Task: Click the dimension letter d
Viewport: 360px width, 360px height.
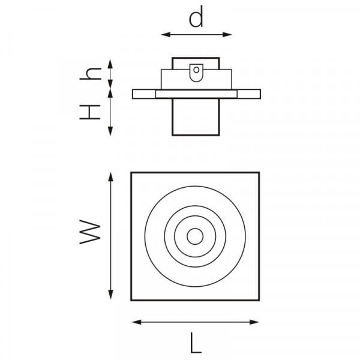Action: (196, 17)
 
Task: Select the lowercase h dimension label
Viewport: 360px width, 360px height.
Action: (91, 73)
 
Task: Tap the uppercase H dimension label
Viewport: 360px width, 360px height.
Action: (90, 112)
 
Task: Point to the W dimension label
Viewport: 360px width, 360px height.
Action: (90, 232)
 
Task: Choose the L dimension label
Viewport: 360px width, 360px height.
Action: (196, 343)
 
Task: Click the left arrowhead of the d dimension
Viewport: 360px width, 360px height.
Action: (166, 35)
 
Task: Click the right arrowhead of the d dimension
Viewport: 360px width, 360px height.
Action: (227, 35)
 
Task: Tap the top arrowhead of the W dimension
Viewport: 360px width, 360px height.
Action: (110, 177)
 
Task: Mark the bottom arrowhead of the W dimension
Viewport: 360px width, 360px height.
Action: (110, 295)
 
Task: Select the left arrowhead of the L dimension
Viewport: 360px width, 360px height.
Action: (137, 322)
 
